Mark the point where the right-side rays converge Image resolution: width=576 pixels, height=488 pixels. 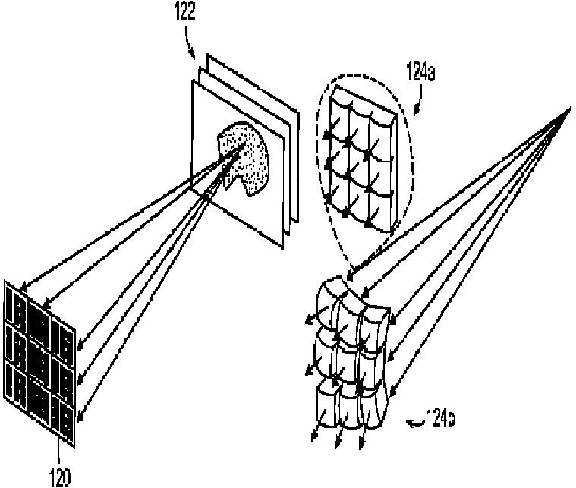(x=569, y=110)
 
